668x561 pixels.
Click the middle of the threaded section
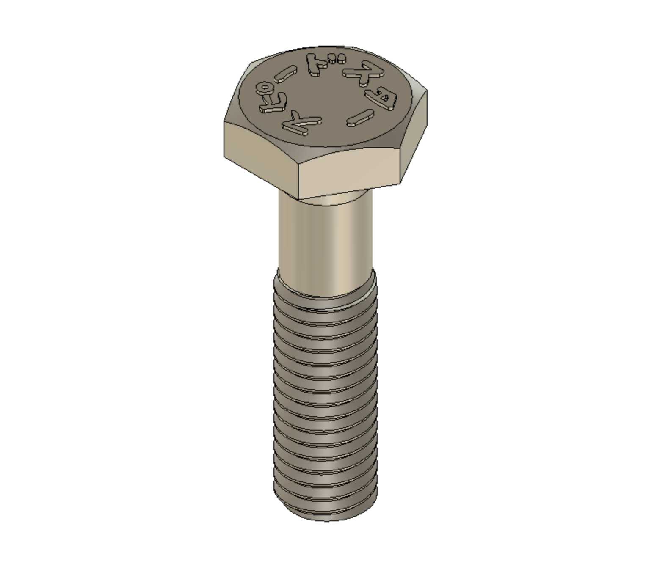click(325, 398)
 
